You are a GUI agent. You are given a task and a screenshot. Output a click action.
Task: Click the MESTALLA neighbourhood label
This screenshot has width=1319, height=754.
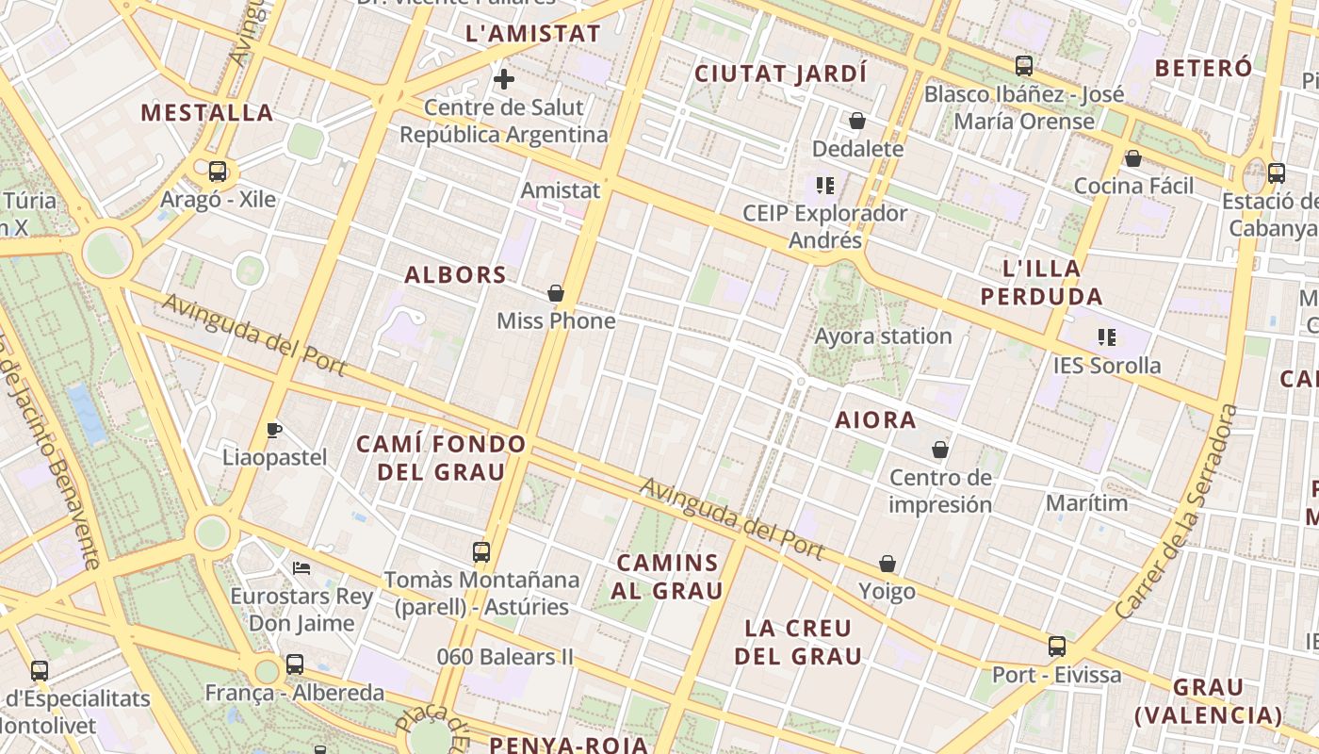coord(207,113)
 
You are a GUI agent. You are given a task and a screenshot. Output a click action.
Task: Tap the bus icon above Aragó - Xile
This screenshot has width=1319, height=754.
coord(218,172)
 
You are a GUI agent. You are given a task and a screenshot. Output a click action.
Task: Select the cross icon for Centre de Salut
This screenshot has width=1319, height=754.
coord(504,78)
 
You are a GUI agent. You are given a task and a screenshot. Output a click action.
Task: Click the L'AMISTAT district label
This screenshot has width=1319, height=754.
coord(533,34)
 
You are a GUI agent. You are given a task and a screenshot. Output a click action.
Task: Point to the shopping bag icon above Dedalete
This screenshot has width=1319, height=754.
coord(857,121)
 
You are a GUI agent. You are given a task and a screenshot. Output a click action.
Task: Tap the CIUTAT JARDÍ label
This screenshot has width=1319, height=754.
coord(780,74)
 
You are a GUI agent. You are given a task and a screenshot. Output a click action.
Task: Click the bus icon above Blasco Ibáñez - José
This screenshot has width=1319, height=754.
coord(1024,66)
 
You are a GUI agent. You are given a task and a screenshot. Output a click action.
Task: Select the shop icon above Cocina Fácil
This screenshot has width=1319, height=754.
coord(1133,158)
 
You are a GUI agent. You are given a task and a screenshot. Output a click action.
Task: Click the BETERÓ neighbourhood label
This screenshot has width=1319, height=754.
coord(1203,68)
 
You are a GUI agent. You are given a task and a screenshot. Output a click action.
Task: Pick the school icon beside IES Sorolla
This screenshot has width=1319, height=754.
coord(1107,336)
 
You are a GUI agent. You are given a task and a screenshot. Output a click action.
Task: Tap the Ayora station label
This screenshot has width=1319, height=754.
coord(883,336)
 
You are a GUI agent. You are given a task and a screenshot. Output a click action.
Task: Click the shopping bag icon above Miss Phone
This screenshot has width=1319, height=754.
coord(556,293)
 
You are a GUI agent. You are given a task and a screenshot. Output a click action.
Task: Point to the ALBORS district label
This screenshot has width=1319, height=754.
coord(455,275)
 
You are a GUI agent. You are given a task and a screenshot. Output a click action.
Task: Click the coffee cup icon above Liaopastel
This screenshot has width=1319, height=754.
coord(274,430)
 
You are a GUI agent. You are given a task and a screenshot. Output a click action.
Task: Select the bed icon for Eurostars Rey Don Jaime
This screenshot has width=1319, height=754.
coord(301,567)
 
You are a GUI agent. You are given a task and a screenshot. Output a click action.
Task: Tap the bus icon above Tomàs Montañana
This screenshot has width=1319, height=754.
coord(481,551)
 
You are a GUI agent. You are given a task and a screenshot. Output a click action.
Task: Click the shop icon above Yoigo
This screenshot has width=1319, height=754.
coord(887,564)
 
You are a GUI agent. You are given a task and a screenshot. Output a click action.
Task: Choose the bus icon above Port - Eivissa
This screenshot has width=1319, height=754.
coord(1057,647)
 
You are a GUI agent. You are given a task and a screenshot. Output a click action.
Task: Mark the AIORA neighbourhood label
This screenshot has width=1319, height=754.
coord(875,420)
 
